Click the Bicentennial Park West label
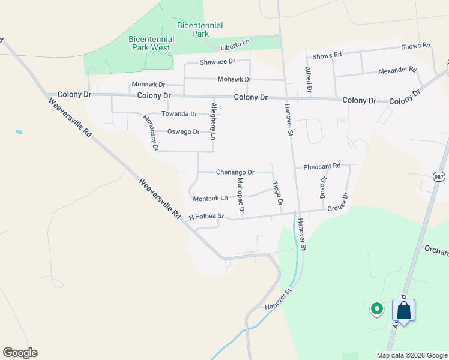(x=151, y=43)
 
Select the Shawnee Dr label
(x=217, y=62)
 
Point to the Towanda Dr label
(x=179, y=113)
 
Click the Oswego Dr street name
(x=183, y=131)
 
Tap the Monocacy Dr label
(x=150, y=133)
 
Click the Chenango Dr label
(x=235, y=172)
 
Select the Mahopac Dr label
(x=240, y=195)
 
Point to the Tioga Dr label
(x=277, y=193)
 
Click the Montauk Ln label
(x=210, y=198)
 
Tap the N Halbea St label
(x=206, y=217)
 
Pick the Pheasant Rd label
(x=322, y=166)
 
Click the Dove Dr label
(x=323, y=188)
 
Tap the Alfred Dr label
(x=309, y=82)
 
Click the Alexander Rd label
(x=397, y=70)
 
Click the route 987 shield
(x=439, y=176)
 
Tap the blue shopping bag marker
(x=403, y=311)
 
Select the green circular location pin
(x=377, y=309)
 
